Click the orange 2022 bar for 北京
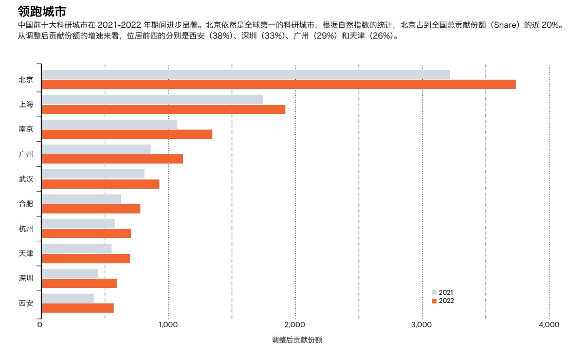tap(278, 84)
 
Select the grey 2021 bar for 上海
tap(152, 99)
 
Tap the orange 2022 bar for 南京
tap(127, 134)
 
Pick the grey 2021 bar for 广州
tap(96, 149)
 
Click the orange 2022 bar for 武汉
tap(100, 184)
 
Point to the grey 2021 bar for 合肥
tap(81, 199)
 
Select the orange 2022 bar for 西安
tap(78, 308)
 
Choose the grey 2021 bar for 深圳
tap(70, 274)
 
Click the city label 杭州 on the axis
tap(26, 228)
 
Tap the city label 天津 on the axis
tap(26, 253)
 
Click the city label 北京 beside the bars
tap(26, 79)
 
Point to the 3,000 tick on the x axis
tap(422, 325)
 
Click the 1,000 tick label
tap(168, 325)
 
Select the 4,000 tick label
tap(549, 325)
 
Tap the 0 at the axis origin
tap(40, 325)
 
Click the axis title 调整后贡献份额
tap(297, 340)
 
